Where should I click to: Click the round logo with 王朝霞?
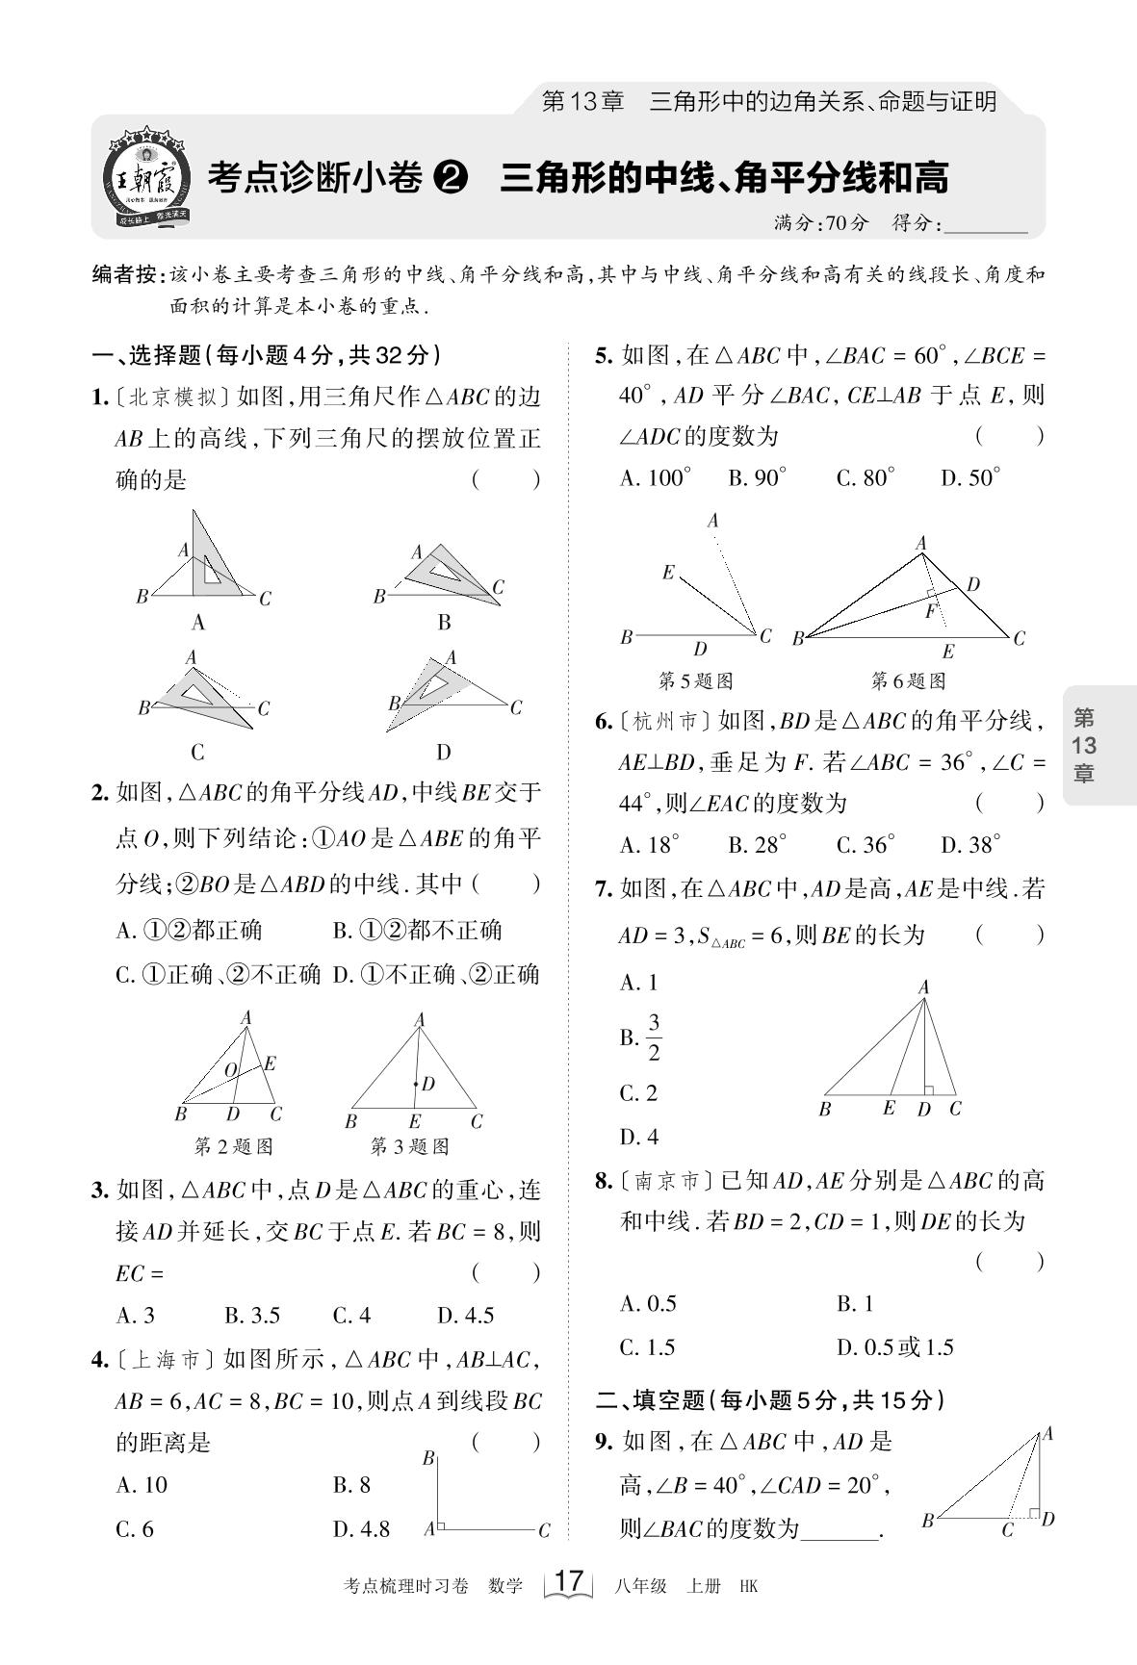point(147,177)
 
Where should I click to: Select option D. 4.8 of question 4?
point(361,1529)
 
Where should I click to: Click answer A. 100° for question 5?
point(655,477)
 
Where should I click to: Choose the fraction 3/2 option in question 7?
point(653,1037)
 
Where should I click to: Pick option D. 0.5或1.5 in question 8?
point(894,1346)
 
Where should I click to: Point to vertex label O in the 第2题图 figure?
point(231,1070)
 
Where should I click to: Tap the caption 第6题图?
point(908,681)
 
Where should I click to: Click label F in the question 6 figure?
point(930,610)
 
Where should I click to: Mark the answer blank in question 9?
point(840,1529)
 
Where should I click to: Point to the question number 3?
point(99,1191)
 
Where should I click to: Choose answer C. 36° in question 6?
point(865,845)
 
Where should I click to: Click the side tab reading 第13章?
point(1084,745)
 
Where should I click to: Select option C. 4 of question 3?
point(351,1315)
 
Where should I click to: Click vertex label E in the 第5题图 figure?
point(668,573)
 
